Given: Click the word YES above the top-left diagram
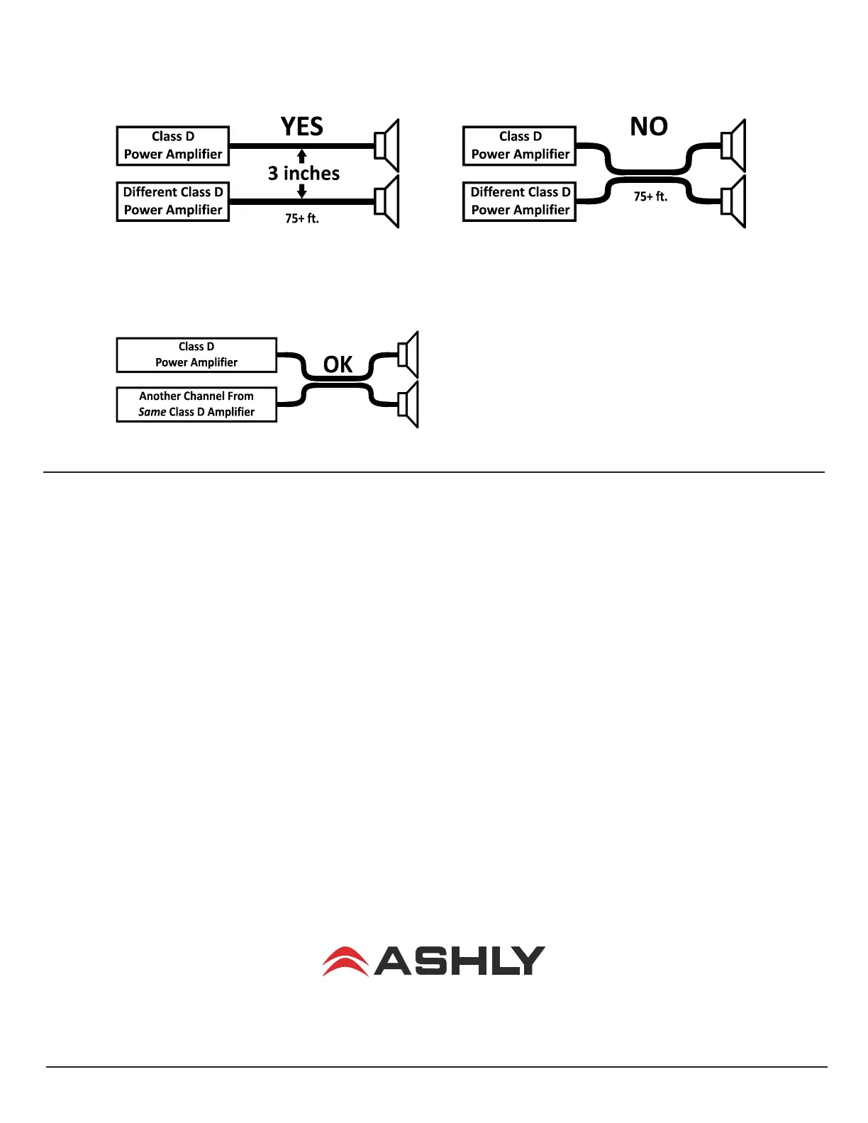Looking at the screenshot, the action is (302, 126).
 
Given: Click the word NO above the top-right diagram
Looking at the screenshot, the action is (649, 126).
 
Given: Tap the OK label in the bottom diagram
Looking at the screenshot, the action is (338, 364).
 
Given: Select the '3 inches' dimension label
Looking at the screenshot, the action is (304, 173).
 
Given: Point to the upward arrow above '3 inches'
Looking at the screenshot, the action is (302, 156).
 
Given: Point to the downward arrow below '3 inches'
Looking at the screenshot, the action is (302, 191).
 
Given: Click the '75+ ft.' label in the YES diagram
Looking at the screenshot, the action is (302, 218).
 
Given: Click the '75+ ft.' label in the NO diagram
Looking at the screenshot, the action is (650, 196).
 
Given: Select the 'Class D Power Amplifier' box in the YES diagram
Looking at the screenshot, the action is (172, 146).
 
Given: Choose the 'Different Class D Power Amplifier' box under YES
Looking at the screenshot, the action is (172, 201).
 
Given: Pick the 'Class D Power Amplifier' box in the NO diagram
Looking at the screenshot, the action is (520, 146).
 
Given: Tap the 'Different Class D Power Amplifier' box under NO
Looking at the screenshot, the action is (520, 201).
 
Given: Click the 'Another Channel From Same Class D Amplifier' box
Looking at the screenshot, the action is (196, 405).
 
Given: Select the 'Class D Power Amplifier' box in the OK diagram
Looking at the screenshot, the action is (196, 355).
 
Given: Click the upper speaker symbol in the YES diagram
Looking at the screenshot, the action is (387, 146).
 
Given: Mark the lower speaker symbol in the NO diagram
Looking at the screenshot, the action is (733, 201).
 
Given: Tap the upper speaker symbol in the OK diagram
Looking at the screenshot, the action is (408, 354).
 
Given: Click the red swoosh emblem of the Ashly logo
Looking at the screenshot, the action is (345, 961).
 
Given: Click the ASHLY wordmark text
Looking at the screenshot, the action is (459, 961).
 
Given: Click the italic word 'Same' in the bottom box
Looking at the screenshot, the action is (152, 412).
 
